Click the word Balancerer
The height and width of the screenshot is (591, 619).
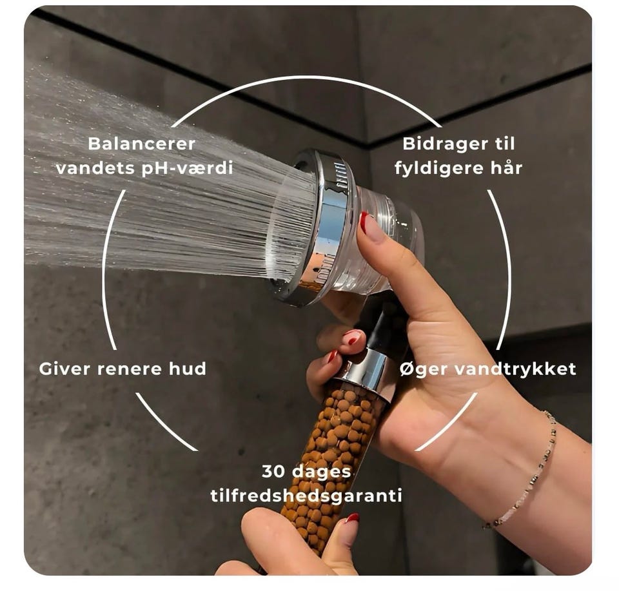click(141, 144)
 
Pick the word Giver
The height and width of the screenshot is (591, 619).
click(64, 369)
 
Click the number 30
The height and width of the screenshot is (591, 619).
click(275, 472)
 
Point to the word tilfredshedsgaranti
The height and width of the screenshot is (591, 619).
click(306, 496)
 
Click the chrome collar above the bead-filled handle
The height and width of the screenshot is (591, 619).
click(366, 369)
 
